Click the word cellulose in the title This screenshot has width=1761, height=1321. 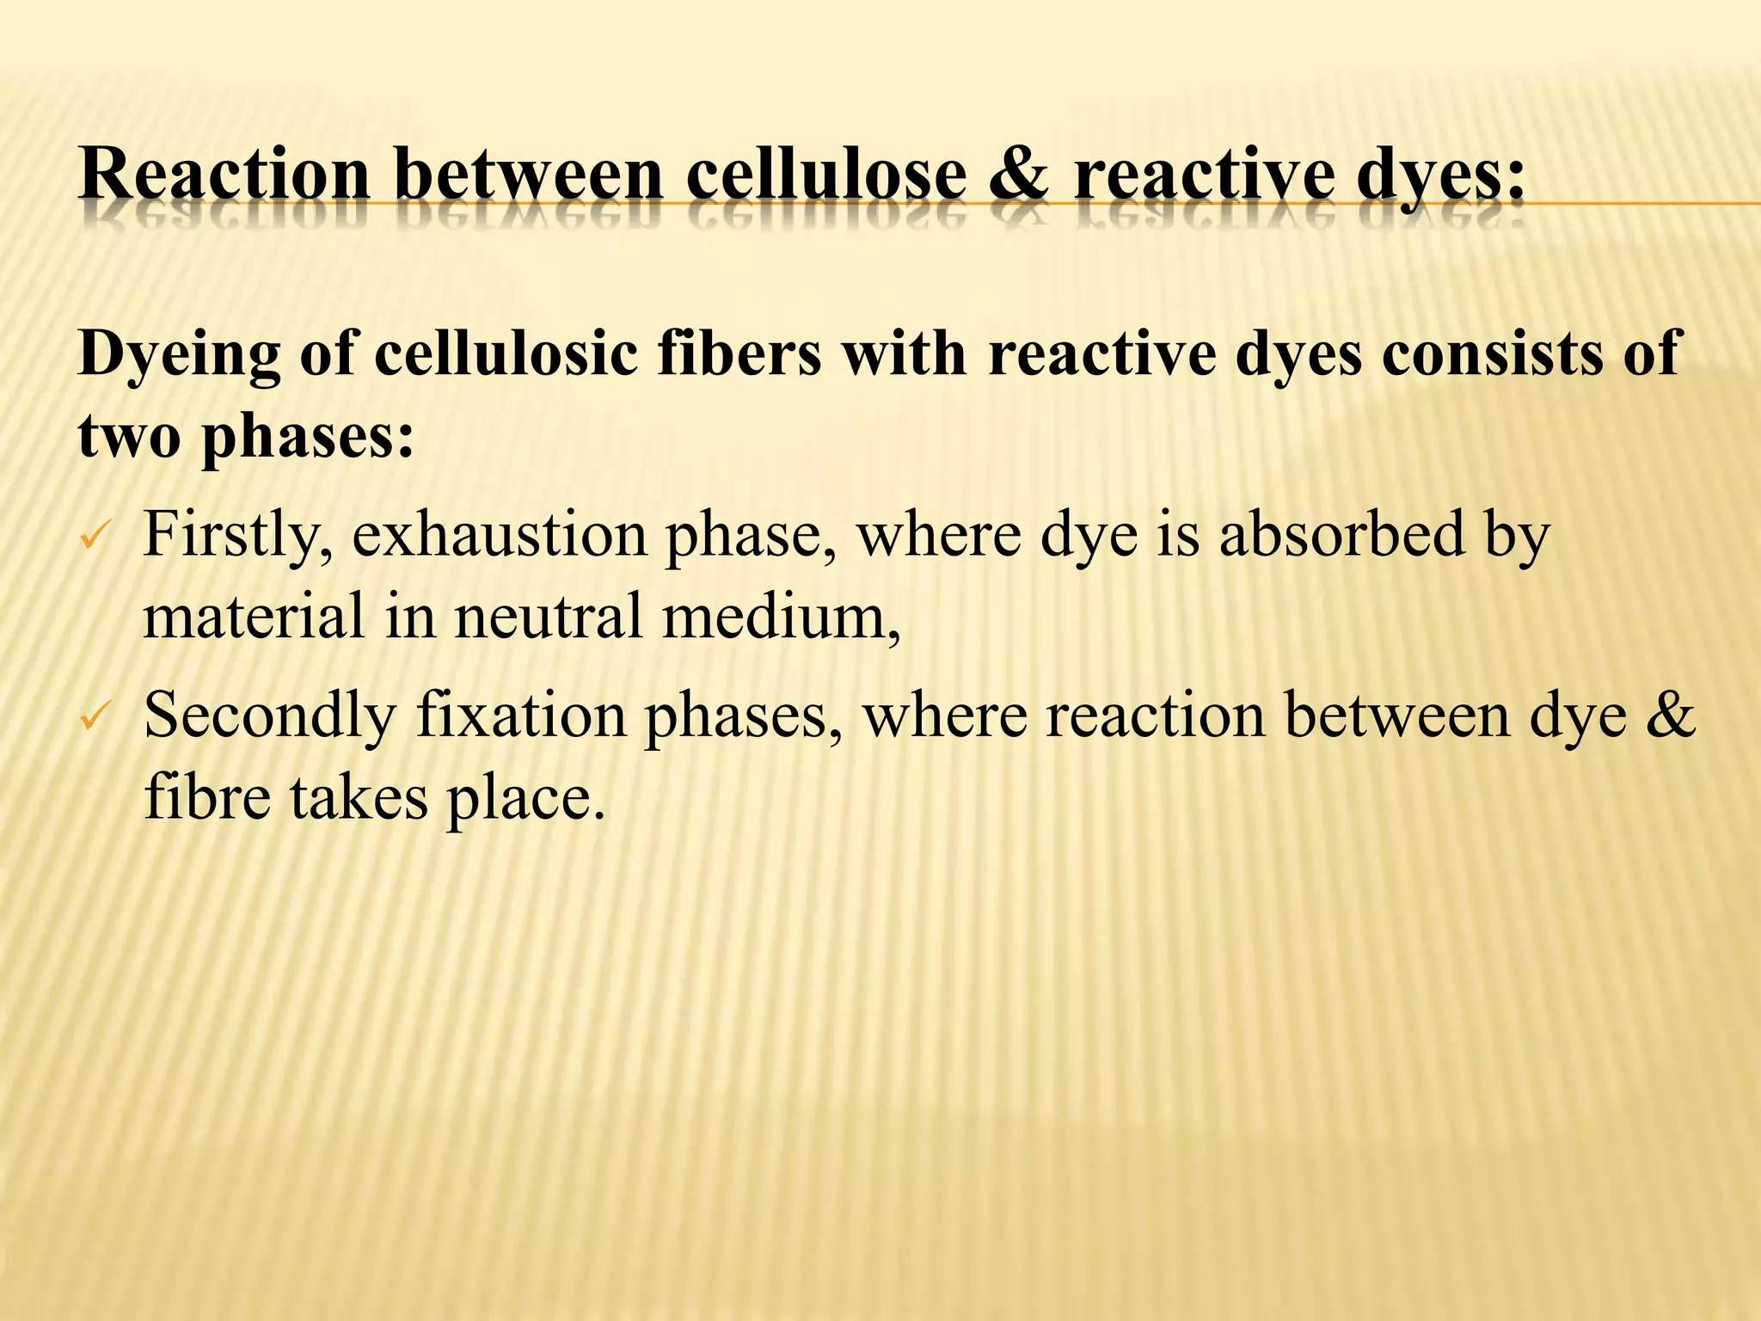click(826, 175)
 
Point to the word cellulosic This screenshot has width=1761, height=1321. click(506, 353)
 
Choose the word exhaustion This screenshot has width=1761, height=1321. click(500, 535)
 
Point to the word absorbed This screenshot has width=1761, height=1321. click(1341, 535)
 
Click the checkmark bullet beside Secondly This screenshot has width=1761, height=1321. click(92, 716)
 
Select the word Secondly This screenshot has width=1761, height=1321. click(269, 716)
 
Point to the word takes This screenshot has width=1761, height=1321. click(359, 797)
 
